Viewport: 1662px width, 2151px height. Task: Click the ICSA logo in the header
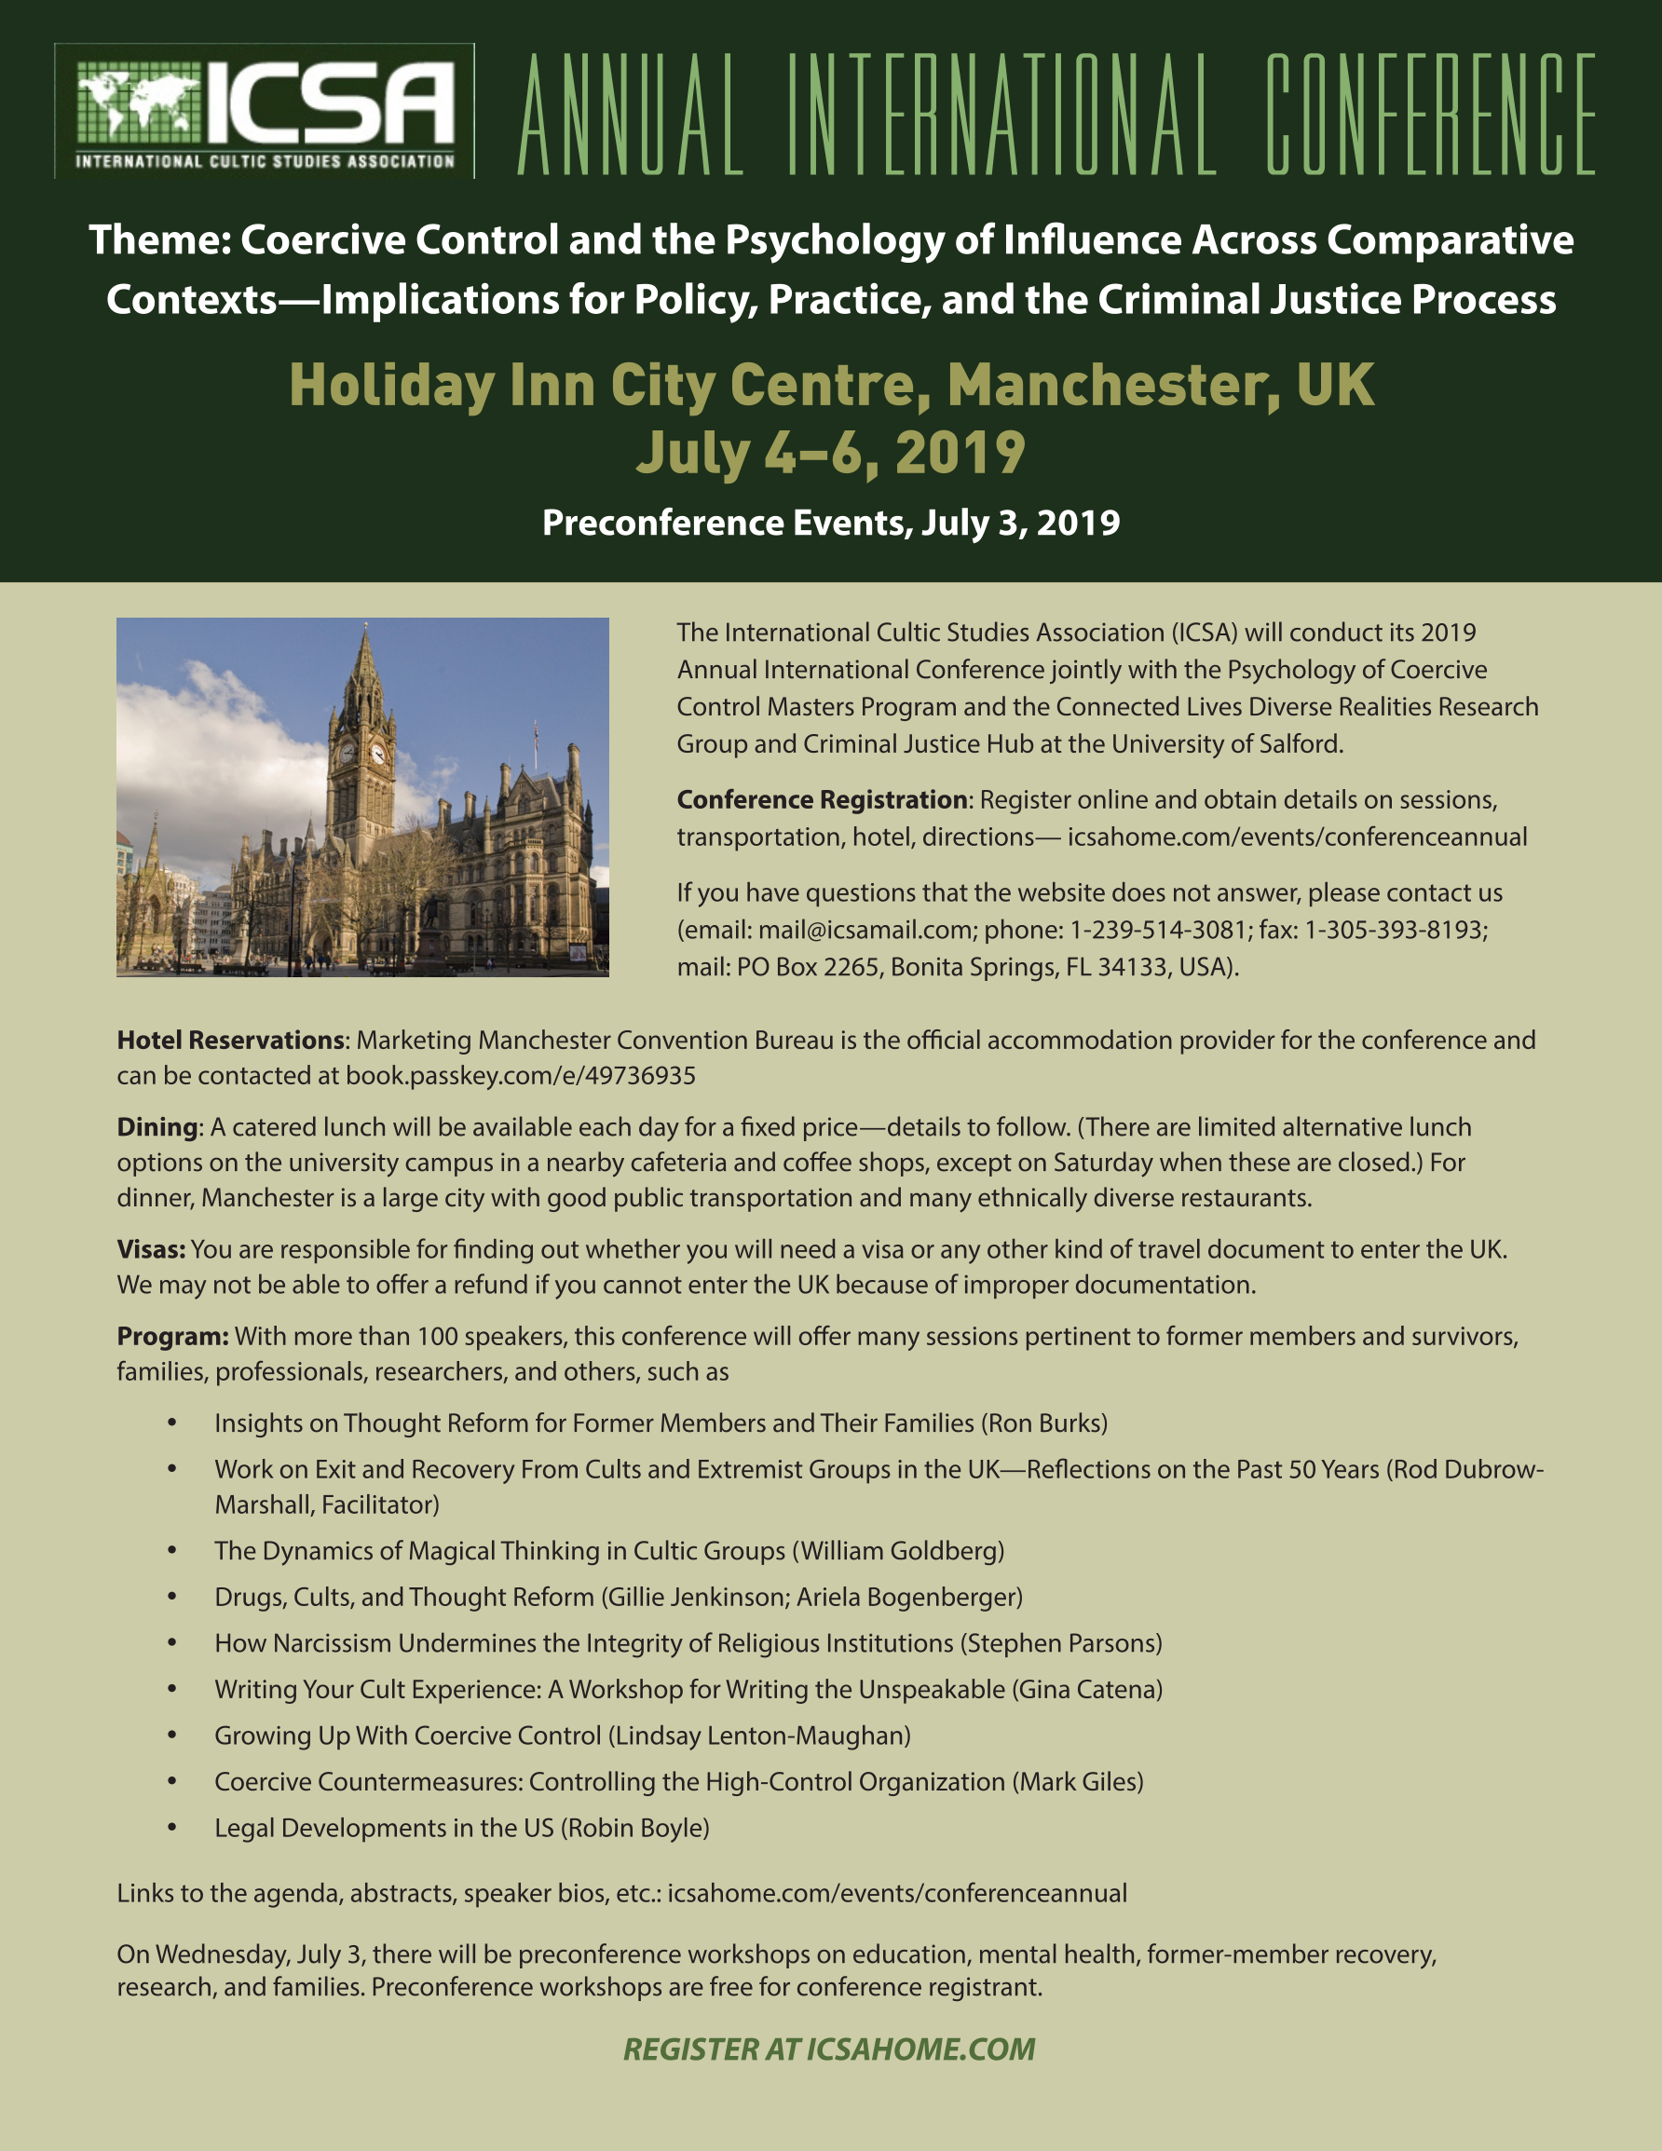[264, 111]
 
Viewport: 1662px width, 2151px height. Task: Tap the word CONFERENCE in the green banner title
[1430, 115]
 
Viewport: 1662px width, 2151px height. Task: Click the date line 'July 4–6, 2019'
[830, 453]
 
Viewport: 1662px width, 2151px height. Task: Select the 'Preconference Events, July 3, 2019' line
[830, 522]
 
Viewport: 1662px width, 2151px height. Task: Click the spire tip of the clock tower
[364, 625]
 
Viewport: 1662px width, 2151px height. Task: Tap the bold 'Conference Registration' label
[822, 799]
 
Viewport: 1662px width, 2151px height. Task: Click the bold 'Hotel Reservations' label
[230, 1040]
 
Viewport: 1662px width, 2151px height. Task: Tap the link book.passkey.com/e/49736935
[520, 1075]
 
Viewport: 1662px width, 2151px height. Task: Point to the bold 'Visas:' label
[151, 1249]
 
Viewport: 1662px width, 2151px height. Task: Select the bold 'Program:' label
[172, 1336]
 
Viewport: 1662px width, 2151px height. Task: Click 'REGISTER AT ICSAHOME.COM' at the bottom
[829, 2049]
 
